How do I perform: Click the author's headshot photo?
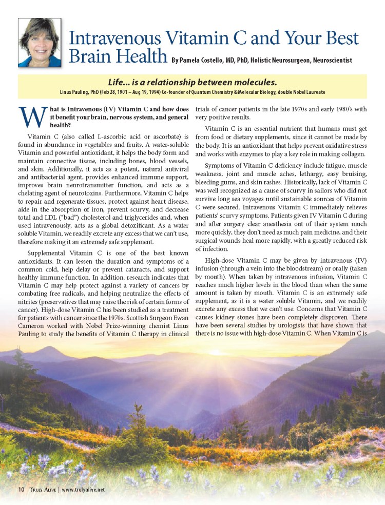[x=40, y=42]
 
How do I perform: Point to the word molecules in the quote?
[x=254, y=82]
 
